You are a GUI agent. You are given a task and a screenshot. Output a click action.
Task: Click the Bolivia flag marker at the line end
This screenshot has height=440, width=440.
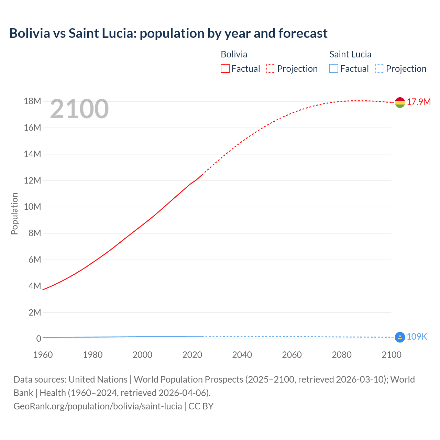pyautogui.click(x=400, y=102)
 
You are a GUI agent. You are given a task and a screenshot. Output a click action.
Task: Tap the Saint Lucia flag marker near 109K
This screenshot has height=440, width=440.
pyautogui.click(x=400, y=337)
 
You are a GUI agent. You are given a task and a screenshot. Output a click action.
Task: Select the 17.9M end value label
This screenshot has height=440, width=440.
pyautogui.click(x=419, y=102)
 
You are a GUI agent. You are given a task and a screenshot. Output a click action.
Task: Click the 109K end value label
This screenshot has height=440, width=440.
pyautogui.click(x=417, y=337)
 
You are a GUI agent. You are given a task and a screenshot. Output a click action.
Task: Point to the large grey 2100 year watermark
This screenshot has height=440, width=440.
pyautogui.click(x=79, y=109)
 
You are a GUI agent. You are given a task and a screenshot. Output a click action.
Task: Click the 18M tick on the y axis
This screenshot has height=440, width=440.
pyautogui.click(x=32, y=101)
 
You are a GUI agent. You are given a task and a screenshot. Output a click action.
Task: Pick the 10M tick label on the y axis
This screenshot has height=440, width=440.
pyautogui.click(x=32, y=207)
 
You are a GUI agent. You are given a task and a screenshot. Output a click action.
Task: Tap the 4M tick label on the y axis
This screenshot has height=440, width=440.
pyautogui.click(x=35, y=286)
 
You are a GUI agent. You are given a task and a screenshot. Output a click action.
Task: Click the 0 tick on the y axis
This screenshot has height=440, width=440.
pyautogui.click(x=38, y=339)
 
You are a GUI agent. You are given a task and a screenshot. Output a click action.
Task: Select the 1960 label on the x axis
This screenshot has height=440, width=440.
pyautogui.click(x=43, y=355)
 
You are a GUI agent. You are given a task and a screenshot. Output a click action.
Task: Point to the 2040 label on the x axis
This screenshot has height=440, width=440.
pyautogui.click(x=242, y=355)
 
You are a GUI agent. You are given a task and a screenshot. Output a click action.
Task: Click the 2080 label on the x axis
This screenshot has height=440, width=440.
pyautogui.click(x=342, y=355)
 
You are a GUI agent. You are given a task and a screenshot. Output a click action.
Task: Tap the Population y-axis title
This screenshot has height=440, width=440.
pyautogui.click(x=14, y=213)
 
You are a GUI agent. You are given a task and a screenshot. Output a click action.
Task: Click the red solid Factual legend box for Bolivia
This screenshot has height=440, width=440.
pyautogui.click(x=225, y=68)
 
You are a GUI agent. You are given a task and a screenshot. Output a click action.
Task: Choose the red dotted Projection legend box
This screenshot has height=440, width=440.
pyautogui.click(x=271, y=68)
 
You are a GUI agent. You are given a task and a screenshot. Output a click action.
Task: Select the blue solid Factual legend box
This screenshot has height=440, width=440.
pyautogui.click(x=334, y=68)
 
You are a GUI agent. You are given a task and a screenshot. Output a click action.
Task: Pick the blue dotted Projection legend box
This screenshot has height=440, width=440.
pyautogui.click(x=379, y=68)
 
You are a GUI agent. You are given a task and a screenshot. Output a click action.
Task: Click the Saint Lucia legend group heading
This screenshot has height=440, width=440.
pyautogui.click(x=350, y=54)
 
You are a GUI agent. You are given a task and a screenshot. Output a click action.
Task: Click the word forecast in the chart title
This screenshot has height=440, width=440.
pyautogui.click(x=303, y=33)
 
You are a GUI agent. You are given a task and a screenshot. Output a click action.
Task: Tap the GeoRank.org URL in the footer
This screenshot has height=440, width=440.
pyautogui.click(x=98, y=406)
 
